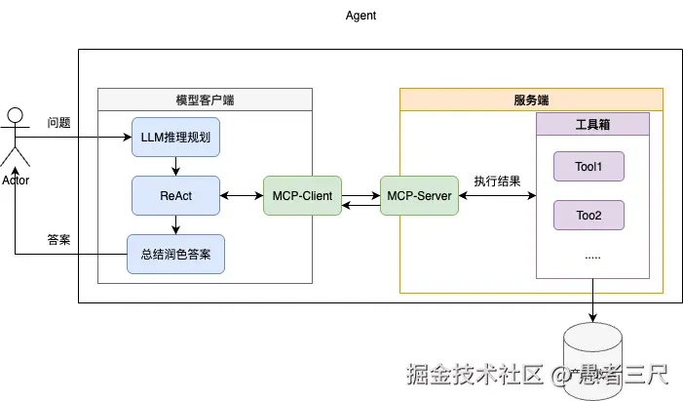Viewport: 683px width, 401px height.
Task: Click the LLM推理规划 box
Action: pos(175,137)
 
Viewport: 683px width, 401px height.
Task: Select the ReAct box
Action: pos(175,196)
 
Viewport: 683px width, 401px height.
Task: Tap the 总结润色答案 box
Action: pos(175,255)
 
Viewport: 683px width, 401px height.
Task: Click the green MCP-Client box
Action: pos(302,196)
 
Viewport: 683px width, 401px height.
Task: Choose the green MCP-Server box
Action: pos(419,196)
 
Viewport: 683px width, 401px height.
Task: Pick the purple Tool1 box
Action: pos(588,167)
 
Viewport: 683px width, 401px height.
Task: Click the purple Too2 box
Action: pos(588,215)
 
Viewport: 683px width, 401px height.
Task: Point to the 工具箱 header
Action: pos(592,124)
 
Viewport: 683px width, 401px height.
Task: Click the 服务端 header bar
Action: pos(531,100)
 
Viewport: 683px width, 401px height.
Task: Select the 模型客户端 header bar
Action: pos(205,100)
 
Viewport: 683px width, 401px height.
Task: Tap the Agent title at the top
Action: pos(360,16)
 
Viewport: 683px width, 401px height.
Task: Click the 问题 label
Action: pos(59,123)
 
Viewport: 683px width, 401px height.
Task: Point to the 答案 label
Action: pos(59,240)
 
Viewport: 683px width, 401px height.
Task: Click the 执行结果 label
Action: pos(497,181)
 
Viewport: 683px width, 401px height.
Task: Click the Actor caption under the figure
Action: pos(16,180)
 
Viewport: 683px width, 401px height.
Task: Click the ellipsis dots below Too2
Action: pos(591,256)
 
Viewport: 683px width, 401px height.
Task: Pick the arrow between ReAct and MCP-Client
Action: pos(242,196)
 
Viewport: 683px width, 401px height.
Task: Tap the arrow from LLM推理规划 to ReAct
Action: pos(175,166)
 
